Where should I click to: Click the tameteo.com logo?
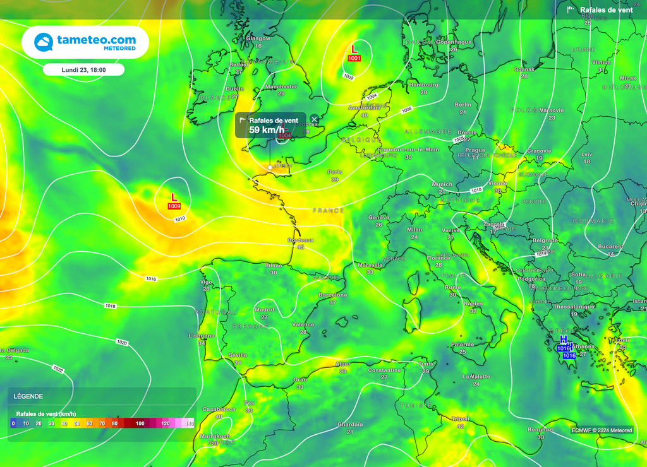[x=85, y=42]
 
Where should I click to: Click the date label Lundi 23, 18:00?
[x=83, y=70]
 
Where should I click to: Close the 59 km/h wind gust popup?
[x=315, y=119]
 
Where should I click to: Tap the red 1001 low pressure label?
[x=354, y=58]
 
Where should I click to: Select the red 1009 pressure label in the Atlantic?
[x=174, y=206]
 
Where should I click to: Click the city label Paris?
[x=335, y=172]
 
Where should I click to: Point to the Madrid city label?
[x=264, y=310]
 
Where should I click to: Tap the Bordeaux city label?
[x=301, y=240]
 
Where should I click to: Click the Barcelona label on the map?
[x=333, y=295]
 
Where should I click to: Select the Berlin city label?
[x=463, y=104]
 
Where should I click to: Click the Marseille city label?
[x=370, y=265]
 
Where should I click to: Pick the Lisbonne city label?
[x=202, y=336]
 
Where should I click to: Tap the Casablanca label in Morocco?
[x=219, y=409]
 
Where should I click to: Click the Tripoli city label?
[x=460, y=418]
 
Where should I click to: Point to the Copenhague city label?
[x=453, y=42]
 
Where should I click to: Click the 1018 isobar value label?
[x=111, y=305]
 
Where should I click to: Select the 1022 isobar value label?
[x=58, y=369]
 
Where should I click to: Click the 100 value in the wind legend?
[x=140, y=423]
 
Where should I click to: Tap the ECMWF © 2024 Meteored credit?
[x=602, y=430]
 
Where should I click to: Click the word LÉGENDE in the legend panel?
[x=28, y=396]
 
